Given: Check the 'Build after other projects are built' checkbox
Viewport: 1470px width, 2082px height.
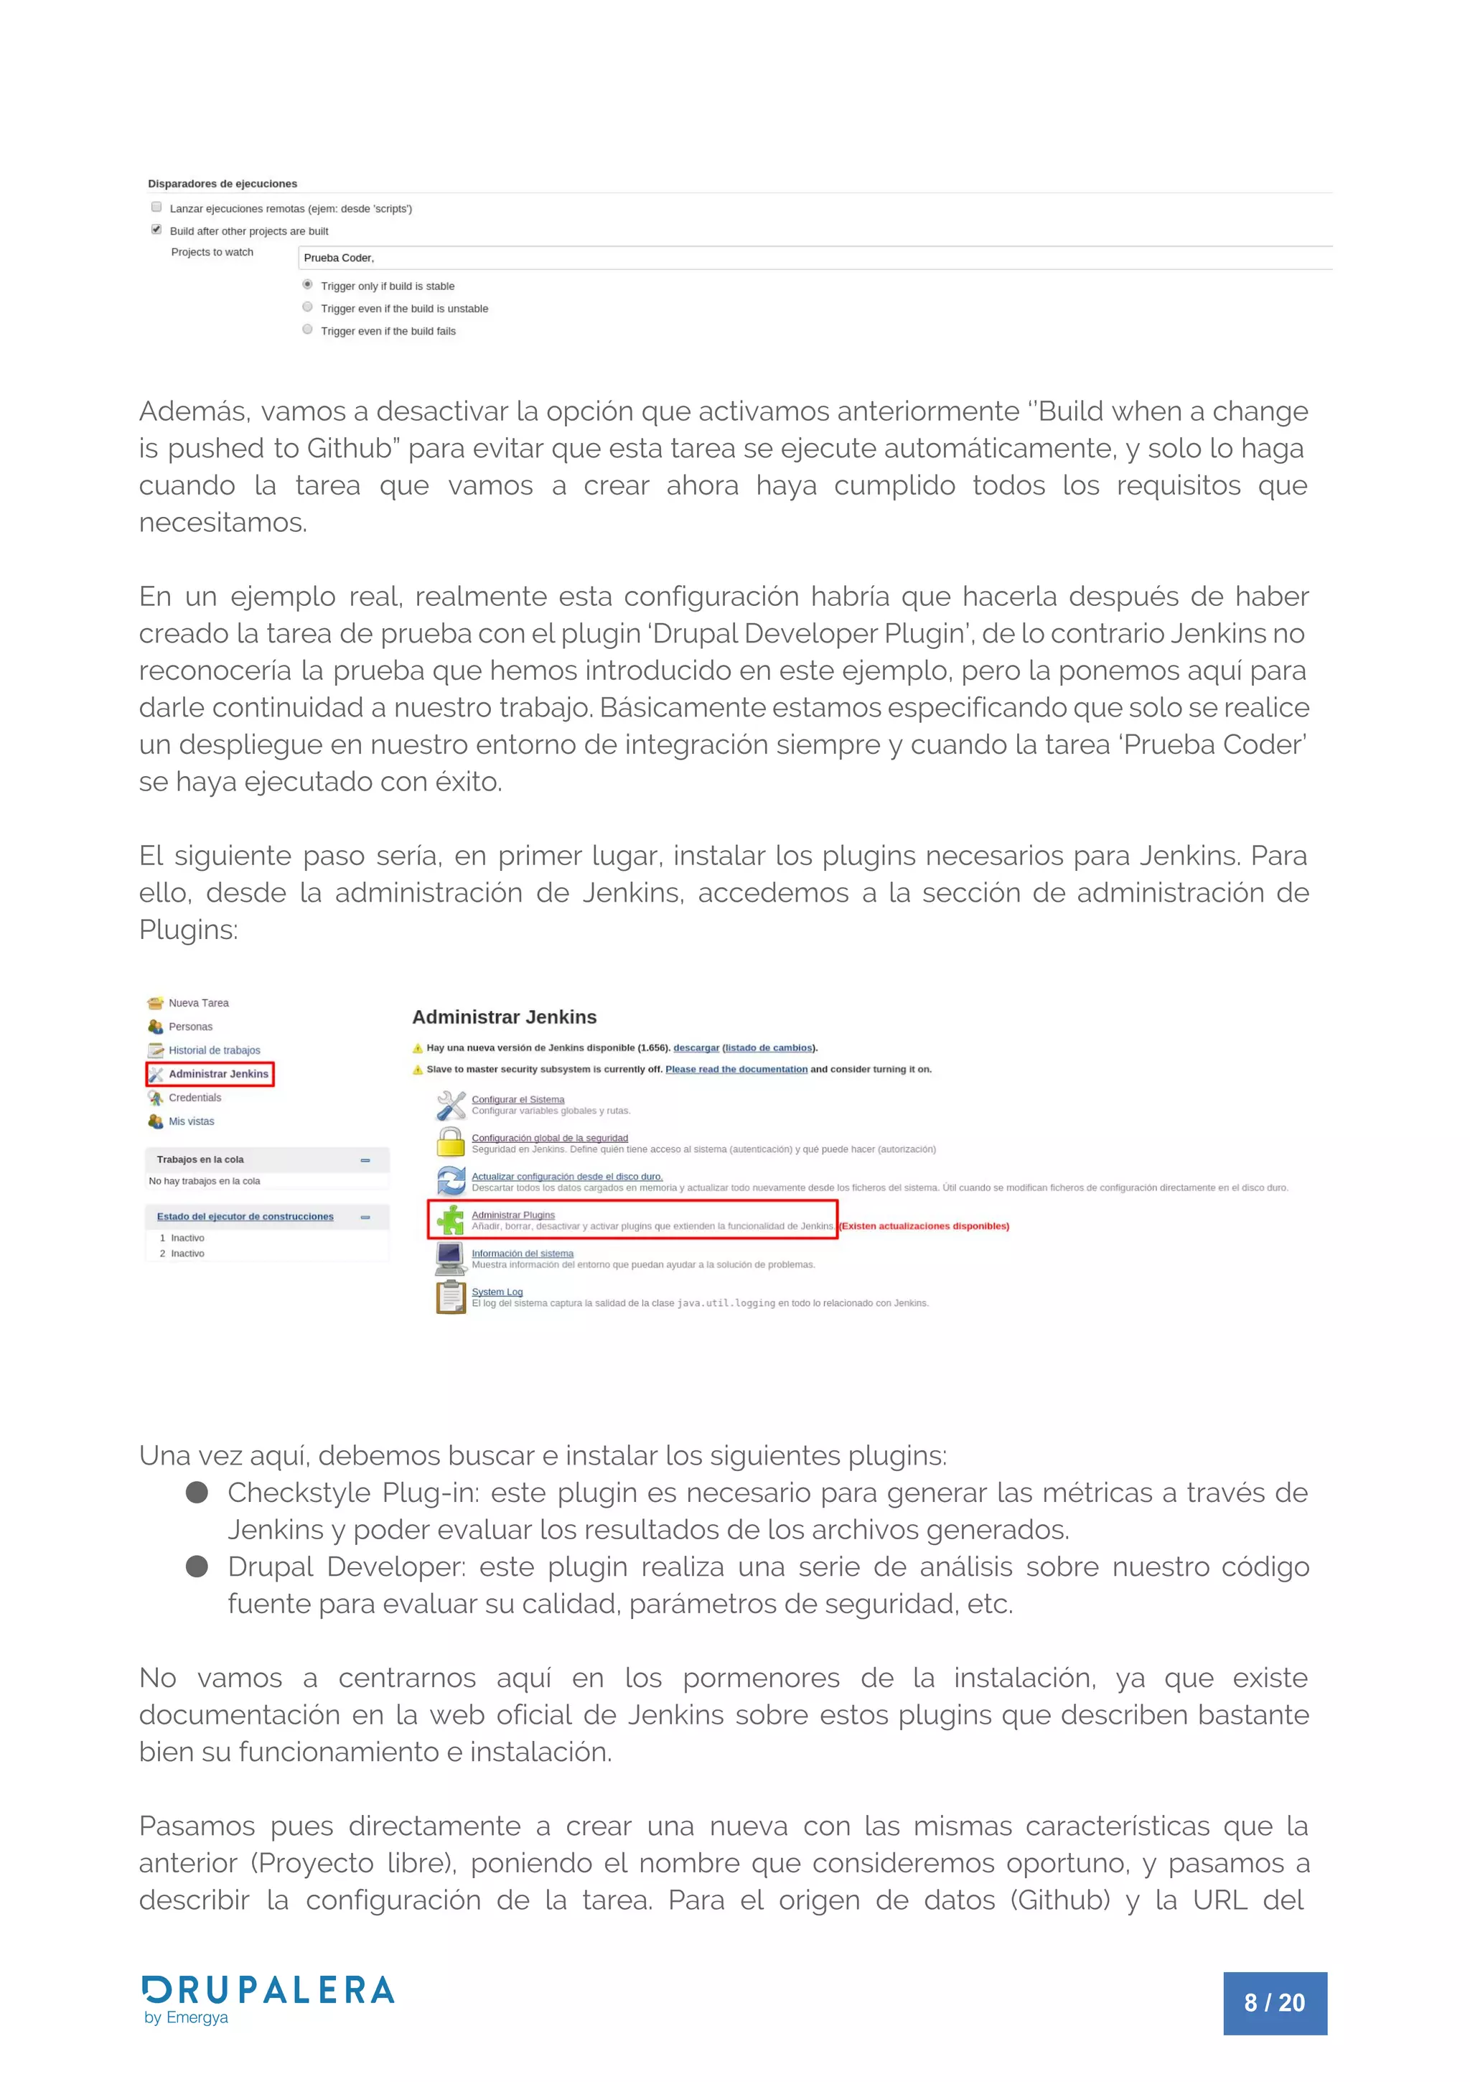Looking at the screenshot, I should pyautogui.click(x=156, y=230).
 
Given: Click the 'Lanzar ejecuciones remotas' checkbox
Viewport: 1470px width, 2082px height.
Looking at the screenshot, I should pyautogui.click(x=156, y=207).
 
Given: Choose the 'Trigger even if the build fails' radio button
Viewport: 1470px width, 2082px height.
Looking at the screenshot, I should pyautogui.click(x=307, y=329).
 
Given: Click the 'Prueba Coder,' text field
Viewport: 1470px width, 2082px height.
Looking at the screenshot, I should pyautogui.click(x=813, y=258).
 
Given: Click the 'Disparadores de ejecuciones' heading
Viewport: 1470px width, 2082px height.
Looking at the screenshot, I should pyautogui.click(x=223, y=183).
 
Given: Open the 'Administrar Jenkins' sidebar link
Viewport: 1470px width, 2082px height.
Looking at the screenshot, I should pyautogui.click(x=217, y=1073).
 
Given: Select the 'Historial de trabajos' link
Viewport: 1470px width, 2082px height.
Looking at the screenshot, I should pyautogui.click(x=214, y=1050).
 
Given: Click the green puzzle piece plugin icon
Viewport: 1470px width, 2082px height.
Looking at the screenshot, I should pyautogui.click(x=450, y=1220).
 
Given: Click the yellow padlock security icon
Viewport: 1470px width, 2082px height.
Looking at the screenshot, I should pyautogui.click(x=450, y=1142).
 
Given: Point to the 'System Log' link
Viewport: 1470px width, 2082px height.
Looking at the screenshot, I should pyautogui.click(x=496, y=1292).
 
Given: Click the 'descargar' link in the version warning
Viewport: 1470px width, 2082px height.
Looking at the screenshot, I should pyautogui.click(x=696, y=1047).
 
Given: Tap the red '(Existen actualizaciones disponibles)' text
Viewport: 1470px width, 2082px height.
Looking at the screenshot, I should pyautogui.click(x=924, y=1226).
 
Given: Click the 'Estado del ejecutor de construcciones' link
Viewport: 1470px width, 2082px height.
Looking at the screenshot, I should pyautogui.click(x=245, y=1216).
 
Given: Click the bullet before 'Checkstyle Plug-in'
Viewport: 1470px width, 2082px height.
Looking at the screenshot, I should pyautogui.click(x=197, y=1492).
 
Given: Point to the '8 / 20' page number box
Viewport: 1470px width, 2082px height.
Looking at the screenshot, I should pyautogui.click(x=1274, y=2002).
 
